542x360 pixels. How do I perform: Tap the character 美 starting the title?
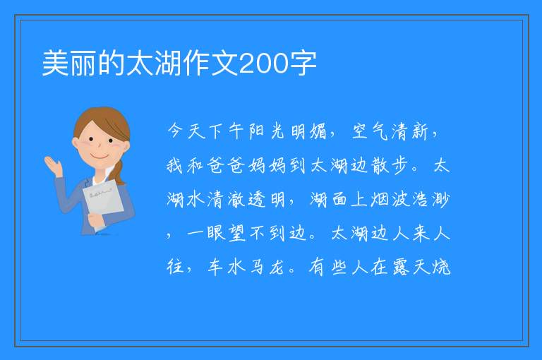[x=55, y=63]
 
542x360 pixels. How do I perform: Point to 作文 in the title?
[x=210, y=63]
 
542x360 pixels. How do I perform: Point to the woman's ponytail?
[x=119, y=172]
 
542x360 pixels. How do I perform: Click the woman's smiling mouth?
[x=99, y=157]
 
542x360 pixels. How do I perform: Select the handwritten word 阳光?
[x=267, y=131]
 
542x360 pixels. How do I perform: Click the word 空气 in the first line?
[x=371, y=131]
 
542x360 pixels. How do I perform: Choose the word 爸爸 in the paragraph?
[x=226, y=165]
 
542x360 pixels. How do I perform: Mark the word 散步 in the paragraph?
[x=390, y=165]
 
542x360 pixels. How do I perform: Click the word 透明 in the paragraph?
[x=266, y=199]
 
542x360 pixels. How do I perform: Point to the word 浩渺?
[x=430, y=199]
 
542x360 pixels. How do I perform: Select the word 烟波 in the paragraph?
[x=390, y=199]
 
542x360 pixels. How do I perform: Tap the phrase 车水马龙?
[x=246, y=267]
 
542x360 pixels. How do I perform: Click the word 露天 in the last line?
[x=411, y=267]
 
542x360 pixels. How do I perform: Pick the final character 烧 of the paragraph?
[x=441, y=267]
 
